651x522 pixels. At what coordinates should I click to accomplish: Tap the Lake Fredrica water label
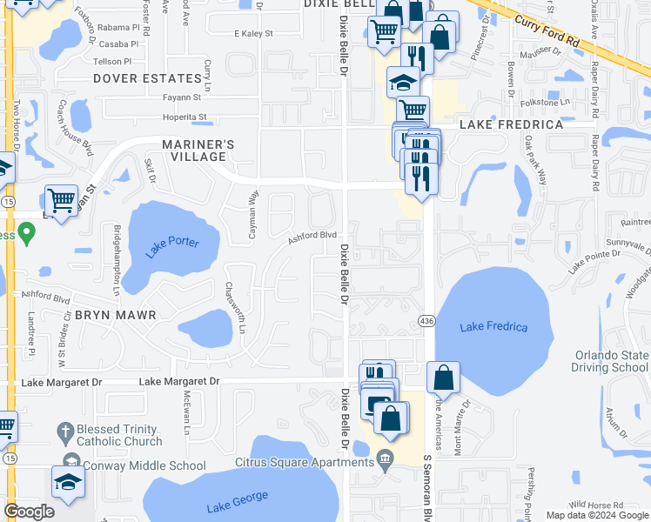coord(493,326)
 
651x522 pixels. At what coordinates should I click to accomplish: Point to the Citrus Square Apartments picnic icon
coord(385,459)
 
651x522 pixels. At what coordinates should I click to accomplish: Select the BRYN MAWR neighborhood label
coord(114,315)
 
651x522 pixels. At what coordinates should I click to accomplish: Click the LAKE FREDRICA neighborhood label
coord(511,125)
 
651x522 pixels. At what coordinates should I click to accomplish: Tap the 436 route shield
coord(426,320)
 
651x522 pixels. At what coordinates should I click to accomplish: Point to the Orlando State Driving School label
coord(612,361)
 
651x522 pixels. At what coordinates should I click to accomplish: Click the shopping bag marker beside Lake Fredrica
coord(443,376)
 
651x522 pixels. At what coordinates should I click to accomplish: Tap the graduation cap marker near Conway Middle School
coord(68,482)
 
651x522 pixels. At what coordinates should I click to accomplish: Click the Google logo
coord(29,512)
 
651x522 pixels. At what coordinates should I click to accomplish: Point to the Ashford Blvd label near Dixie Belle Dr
coord(312,235)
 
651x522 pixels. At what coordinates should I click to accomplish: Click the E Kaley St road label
coord(253,34)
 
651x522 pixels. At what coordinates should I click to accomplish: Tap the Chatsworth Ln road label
coord(234,307)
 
